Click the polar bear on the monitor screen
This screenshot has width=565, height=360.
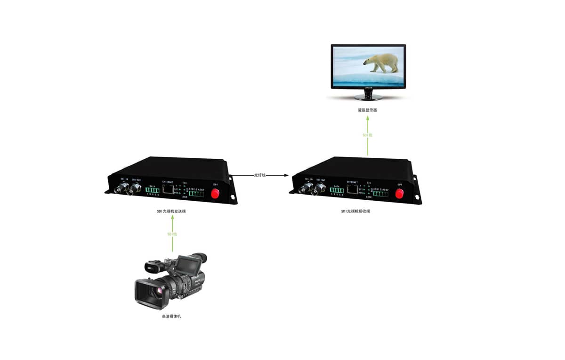(x=382, y=63)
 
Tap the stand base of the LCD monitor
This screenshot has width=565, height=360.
(x=368, y=98)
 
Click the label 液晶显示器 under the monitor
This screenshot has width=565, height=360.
(x=367, y=110)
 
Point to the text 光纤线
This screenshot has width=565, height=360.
(x=260, y=175)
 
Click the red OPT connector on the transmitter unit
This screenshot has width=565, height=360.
(x=216, y=194)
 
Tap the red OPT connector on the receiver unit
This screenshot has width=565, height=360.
(x=400, y=193)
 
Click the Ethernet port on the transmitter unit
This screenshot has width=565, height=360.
(x=168, y=189)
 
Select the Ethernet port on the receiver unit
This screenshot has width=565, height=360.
(x=352, y=189)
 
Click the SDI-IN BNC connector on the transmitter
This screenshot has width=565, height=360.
(x=121, y=189)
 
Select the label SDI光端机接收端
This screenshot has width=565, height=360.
(x=355, y=211)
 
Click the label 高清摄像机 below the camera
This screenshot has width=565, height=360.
(x=171, y=316)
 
